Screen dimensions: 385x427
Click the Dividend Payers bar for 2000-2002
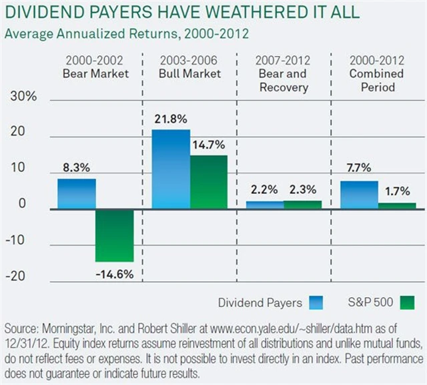pyautogui.click(x=76, y=194)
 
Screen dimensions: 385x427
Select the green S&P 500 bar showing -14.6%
pyautogui.click(x=115, y=235)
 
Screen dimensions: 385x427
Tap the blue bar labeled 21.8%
pyautogui.click(x=170, y=169)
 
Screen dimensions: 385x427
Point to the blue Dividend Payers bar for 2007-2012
pyautogui.click(x=264, y=205)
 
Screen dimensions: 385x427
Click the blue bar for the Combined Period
pyautogui.click(x=358, y=195)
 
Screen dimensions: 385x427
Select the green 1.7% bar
pyautogui.click(x=398, y=206)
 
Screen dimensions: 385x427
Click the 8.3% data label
pyautogui.click(x=75, y=169)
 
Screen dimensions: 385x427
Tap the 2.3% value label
pyautogui.click(x=302, y=191)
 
